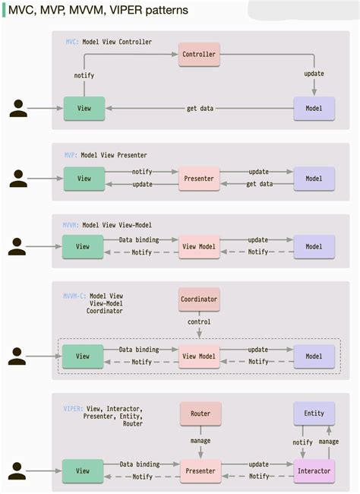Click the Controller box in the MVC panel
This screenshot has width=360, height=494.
(200, 54)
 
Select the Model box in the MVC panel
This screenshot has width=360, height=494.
(314, 109)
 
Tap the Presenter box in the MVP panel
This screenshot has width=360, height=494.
(199, 179)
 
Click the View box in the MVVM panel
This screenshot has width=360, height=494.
(83, 246)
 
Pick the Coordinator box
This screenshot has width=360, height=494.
(199, 299)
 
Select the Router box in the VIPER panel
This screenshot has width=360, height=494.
(200, 413)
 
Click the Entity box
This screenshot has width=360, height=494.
(314, 413)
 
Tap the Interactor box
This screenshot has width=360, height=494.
(314, 470)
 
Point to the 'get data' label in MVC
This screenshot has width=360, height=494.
(201, 109)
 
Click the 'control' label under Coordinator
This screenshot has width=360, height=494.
(199, 321)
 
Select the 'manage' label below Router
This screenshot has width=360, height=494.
(200, 439)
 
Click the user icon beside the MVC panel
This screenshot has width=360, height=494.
(18, 109)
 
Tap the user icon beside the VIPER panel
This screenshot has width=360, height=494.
(18, 470)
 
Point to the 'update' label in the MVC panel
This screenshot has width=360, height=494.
(314, 74)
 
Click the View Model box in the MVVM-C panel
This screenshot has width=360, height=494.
(199, 356)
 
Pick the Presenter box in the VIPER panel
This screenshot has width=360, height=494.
(199, 470)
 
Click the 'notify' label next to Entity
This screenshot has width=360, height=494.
(303, 442)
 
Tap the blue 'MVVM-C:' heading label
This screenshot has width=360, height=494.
(75, 296)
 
